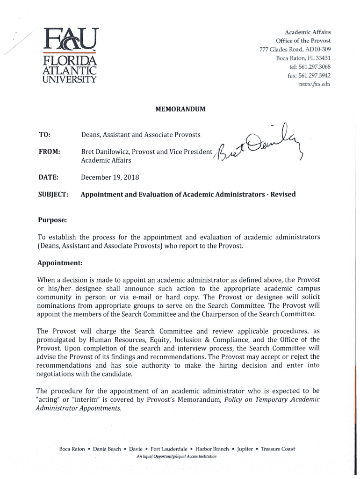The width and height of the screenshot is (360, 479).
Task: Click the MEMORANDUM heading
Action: coord(180,109)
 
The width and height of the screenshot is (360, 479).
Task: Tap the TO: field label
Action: coord(45,135)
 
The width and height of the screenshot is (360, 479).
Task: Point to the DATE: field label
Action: coord(48,177)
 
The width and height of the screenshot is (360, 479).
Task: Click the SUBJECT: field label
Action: coord(53,194)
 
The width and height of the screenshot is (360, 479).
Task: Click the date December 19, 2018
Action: coord(110,177)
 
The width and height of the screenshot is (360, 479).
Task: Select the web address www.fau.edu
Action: coord(315,84)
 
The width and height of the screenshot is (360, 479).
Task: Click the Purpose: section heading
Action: coord(52,220)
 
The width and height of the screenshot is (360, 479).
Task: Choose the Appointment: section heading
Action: coord(60,263)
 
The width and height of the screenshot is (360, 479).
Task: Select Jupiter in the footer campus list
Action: coord(245,449)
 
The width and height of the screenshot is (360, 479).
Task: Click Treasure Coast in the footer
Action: coord(278,449)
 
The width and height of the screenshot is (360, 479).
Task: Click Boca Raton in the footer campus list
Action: coord(72,449)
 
